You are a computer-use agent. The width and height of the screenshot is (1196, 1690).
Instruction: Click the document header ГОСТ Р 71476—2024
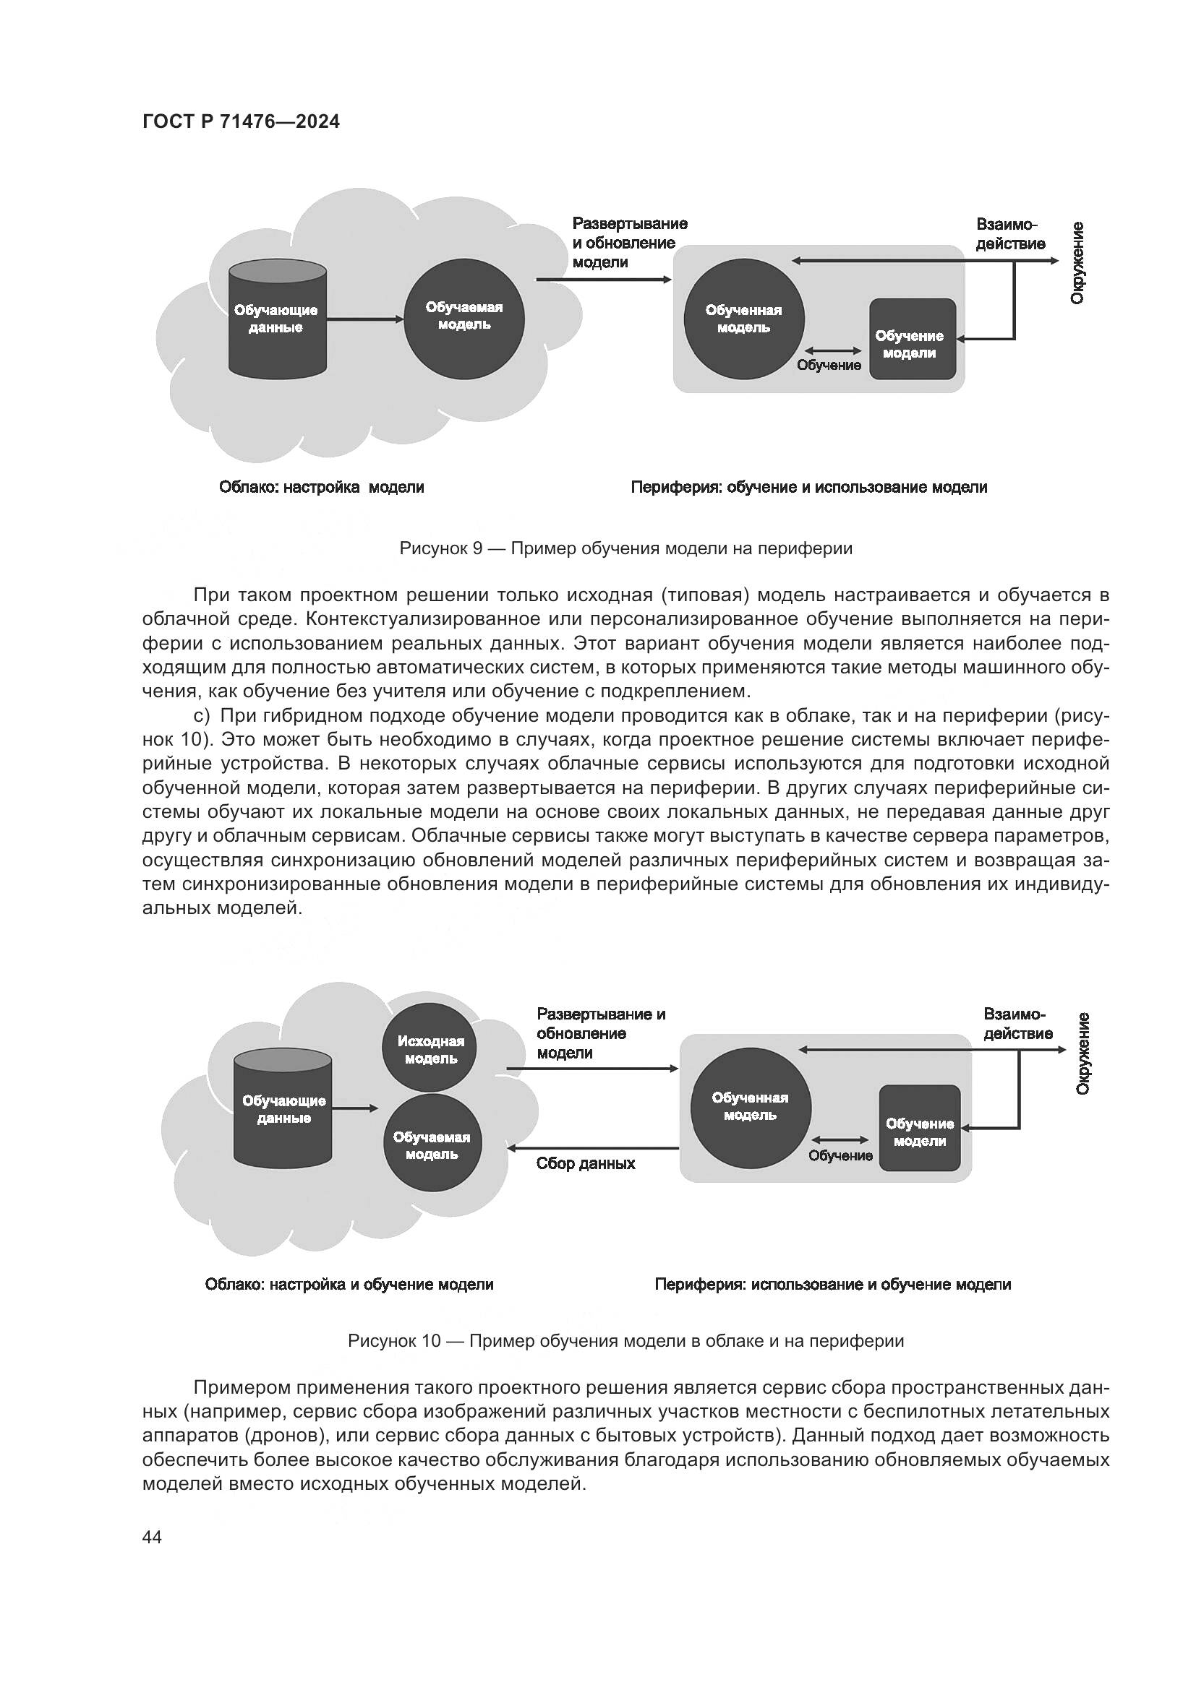click(x=241, y=122)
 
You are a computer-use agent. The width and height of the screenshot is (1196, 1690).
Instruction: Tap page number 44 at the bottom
click(x=152, y=1537)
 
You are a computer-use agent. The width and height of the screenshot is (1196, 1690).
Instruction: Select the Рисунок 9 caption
click(x=625, y=548)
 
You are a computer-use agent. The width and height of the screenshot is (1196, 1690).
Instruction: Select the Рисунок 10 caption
click(x=625, y=1340)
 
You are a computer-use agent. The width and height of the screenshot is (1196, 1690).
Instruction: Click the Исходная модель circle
click(x=431, y=1050)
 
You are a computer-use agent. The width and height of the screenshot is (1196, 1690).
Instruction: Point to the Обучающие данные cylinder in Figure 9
click(x=276, y=319)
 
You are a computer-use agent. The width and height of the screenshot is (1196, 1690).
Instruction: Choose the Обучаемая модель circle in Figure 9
click(x=464, y=317)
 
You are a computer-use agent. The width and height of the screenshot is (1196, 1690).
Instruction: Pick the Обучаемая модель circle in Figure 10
click(x=432, y=1145)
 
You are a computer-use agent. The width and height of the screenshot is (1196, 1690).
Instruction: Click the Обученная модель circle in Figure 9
click(x=744, y=319)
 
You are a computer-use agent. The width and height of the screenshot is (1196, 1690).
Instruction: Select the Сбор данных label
click(x=586, y=1164)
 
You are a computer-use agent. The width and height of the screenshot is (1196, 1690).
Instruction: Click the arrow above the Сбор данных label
click(x=594, y=1147)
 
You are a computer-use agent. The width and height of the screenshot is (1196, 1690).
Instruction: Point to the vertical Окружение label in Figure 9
click(x=1077, y=263)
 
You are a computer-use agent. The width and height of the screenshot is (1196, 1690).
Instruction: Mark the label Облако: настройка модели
click(x=322, y=487)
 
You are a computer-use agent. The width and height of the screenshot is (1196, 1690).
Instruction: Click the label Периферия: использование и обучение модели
click(x=832, y=1285)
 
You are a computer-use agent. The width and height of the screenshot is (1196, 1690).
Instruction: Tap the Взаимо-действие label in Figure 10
click(x=1018, y=1024)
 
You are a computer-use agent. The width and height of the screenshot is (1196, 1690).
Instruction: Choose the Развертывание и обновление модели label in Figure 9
click(x=630, y=243)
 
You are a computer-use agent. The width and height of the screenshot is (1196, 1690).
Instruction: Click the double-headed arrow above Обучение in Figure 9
click(x=834, y=351)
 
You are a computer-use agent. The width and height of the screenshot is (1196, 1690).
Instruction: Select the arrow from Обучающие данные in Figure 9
click(x=365, y=319)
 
